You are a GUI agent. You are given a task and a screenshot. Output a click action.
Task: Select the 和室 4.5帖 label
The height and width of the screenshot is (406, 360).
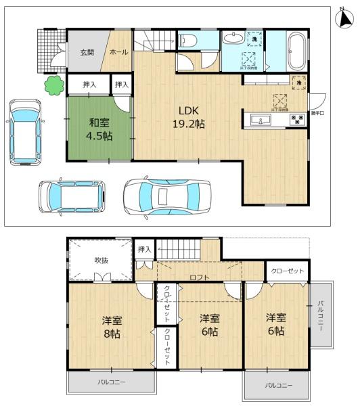click(x=99, y=129)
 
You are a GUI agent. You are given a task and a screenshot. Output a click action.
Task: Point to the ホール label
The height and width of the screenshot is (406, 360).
click(x=116, y=51)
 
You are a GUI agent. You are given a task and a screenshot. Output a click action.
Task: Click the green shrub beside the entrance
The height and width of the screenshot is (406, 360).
click(x=51, y=86)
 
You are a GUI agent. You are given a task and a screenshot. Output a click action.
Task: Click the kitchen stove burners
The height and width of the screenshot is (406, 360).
click(x=296, y=120)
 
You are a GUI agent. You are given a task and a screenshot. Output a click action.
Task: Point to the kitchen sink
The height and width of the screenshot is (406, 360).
click(x=260, y=120)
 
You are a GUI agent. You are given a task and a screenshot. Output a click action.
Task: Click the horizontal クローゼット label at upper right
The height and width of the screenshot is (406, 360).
click(x=287, y=270)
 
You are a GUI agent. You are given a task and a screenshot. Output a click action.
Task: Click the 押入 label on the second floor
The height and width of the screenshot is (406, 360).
click(x=144, y=250)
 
